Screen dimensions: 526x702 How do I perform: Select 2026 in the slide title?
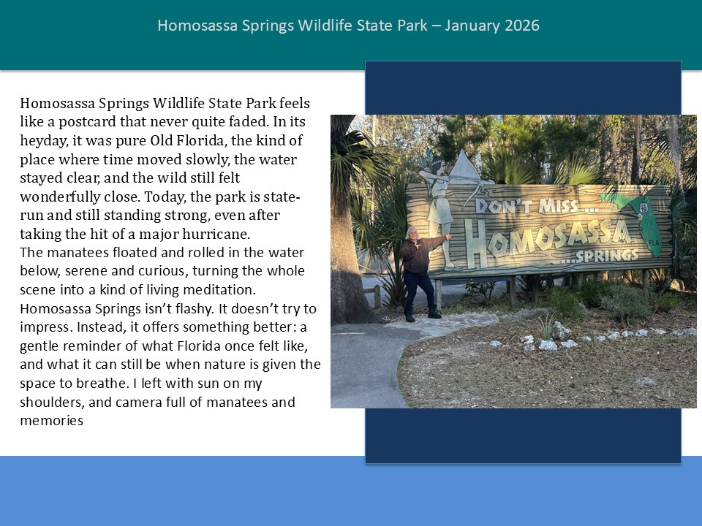522,26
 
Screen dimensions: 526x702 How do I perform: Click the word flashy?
180,308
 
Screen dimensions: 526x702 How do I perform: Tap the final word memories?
51,421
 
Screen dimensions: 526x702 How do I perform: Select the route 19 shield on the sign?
643,208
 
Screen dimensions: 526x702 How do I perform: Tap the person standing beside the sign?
418,270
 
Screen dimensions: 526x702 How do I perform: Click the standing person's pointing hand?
448,237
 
